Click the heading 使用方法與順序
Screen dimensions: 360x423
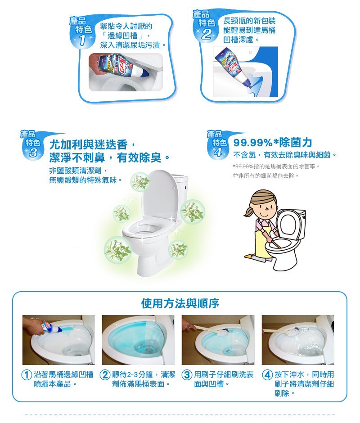(x=180, y=303)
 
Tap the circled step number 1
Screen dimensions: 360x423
(x=27, y=375)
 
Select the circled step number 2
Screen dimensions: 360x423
(x=105, y=375)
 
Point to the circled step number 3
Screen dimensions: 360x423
(x=187, y=375)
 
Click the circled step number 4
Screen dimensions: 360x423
(x=267, y=375)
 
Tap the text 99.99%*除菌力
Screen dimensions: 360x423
(x=273, y=143)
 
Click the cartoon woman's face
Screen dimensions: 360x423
(x=264, y=207)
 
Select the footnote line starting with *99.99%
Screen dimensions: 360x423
(x=276, y=166)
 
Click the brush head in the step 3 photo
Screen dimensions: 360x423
(x=226, y=333)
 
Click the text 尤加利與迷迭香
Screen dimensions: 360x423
(x=88, y=145)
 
